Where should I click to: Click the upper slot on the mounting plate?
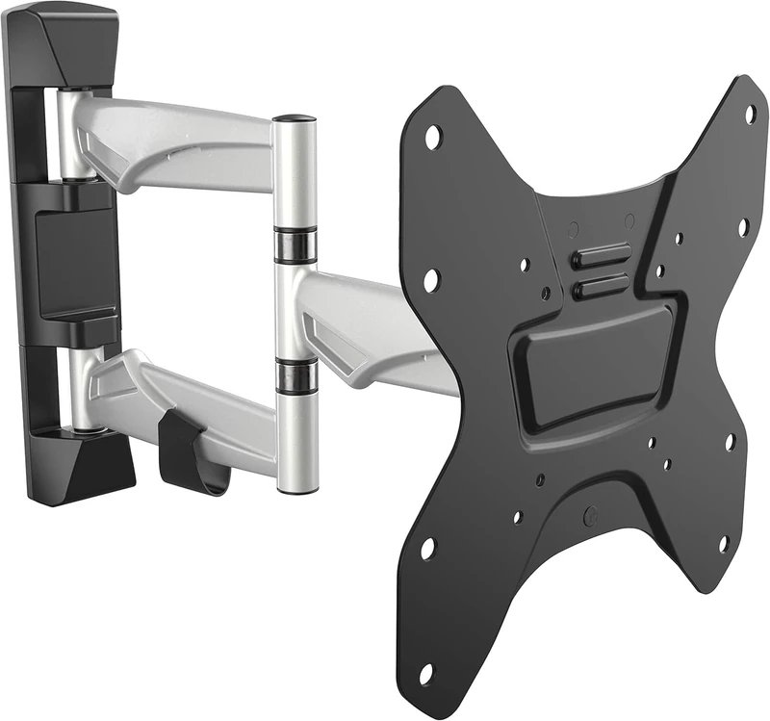click(601, 257)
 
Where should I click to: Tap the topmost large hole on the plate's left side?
click(432, 138)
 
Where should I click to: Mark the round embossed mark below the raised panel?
click(590, 516)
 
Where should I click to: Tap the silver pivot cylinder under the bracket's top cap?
click(69, 125)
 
